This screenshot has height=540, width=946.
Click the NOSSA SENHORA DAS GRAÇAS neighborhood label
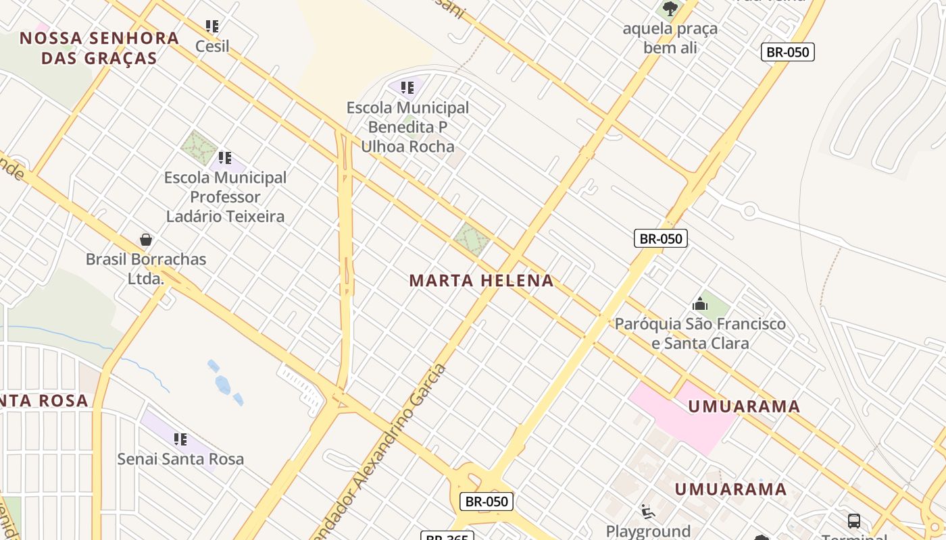pyautogui.click(x=99, y=47)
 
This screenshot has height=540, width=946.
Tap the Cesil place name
pyautogui.click(x=212, y=46)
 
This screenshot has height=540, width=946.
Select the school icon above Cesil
pyautogui.click(x=212, y=26)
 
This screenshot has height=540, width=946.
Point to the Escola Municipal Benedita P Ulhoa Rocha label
pyautogui.click(x=407, y=127)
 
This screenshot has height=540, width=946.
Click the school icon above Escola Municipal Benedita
pyautogui.click(x=407, y=88)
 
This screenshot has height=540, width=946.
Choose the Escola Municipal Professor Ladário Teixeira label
pyautogui.click(x=226, y=197)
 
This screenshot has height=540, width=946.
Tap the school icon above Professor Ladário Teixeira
pyautogui.click(x=225, y=158)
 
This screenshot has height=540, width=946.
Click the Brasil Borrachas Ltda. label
pyautogui.click(x=146, y=268)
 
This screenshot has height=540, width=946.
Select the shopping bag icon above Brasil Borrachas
pyautogui.click(x=145, y=240)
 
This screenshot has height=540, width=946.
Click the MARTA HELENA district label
pyautogui.click(x=481, y=280)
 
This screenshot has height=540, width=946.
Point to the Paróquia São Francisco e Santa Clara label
pyautogui.click(x=700, y=333)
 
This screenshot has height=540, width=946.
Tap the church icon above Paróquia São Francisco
pyautogui.click(x=700, y=304)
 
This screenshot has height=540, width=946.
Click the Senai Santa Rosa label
pyautogui.click(x=180, y=459)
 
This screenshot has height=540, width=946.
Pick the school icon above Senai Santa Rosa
pyautogui.click(x=180, y=439)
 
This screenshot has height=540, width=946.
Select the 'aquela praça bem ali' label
pyautogui.click(x=670, y=38)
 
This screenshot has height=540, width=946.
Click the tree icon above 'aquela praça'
pyautogui.click(x=670, y=9)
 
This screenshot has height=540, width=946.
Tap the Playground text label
pyautogui.click(x=648, y=531)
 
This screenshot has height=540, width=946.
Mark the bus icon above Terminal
pyautogui.click(x=854, y=520)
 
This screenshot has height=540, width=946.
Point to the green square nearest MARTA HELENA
pyautogui.click(x=471, y=239)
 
